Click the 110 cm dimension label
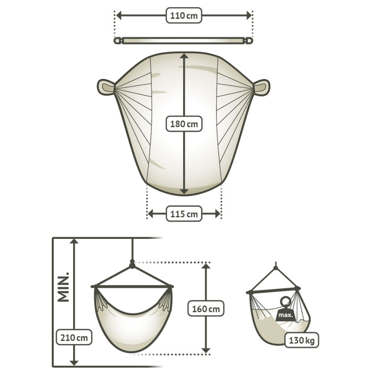184,15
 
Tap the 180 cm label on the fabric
184,124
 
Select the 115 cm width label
184,214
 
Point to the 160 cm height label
205,309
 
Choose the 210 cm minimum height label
74,337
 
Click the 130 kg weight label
301,340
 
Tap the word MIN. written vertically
63,287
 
